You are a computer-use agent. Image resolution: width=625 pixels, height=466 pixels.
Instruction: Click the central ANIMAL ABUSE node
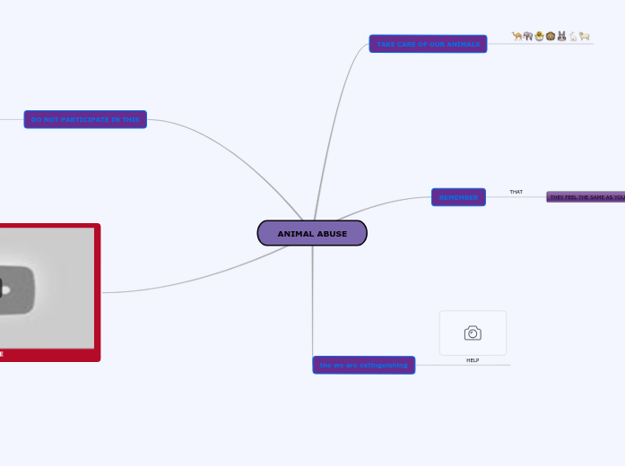coord(312,233)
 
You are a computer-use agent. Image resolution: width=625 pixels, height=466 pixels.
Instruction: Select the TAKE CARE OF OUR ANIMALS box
coord(428,44)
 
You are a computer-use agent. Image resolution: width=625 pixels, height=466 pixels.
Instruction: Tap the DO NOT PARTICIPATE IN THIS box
coord(85,119)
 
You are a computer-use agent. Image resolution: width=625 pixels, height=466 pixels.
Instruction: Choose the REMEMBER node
coord(458,197)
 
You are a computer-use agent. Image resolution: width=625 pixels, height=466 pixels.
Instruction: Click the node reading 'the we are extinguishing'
coord(363,365)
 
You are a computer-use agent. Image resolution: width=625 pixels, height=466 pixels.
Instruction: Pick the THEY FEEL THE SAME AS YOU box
coord(586,197)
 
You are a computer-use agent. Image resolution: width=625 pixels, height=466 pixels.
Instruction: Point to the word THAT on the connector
coord(516,192)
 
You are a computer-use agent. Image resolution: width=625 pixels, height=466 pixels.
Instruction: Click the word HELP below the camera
coord(473,360)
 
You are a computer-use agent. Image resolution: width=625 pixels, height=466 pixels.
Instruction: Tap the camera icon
coord(473,333)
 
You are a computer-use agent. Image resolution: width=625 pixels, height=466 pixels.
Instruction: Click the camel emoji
coord(517,37)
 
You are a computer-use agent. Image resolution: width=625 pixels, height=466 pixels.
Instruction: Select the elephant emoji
coord(528,37)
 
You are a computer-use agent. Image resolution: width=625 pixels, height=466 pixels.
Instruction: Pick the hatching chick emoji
coord(539,37)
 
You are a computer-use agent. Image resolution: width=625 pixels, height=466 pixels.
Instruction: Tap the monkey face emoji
coord(551,37)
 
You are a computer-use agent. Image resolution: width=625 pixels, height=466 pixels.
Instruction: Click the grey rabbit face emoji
coord(561,37)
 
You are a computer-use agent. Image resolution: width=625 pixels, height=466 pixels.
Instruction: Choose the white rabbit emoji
coord(573,37)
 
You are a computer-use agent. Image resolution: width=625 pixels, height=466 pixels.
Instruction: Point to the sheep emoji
coord(585,37)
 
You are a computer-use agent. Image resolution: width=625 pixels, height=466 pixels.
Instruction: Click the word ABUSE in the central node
coord(332,234)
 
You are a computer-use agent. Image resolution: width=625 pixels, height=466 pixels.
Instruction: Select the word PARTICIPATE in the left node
coord(85,119)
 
